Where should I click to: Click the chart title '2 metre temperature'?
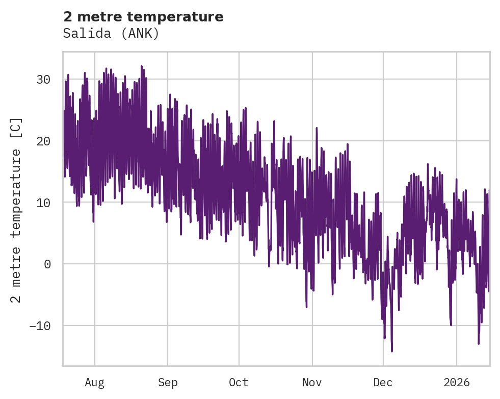[x=143, y=17]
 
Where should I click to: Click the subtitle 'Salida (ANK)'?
[x=111, y=33]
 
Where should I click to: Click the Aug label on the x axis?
[x=94, y=383]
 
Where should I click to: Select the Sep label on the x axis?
[x=167, y=383]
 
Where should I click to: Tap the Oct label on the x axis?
[x=239, y=383]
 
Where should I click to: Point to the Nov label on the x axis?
[x=312, y=383]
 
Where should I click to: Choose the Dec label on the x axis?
[x=383, y=383]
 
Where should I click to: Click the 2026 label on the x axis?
[x=456, y=383]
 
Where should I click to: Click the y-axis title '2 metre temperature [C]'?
[x=17, y=210]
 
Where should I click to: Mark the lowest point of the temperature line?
[x=391, y=351]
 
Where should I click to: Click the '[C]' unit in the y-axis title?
[x=17, y=128]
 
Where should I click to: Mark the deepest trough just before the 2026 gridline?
[x=451, y=325]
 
